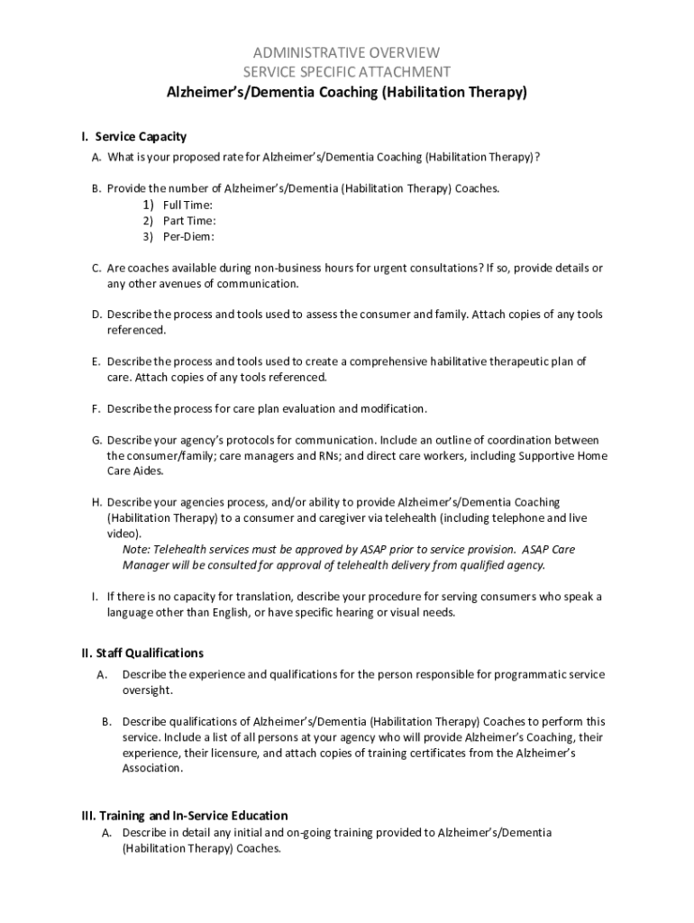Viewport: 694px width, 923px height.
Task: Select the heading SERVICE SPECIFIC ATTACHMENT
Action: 346,71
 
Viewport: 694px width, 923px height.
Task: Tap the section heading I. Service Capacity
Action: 133,137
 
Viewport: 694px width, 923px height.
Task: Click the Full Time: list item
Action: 187,206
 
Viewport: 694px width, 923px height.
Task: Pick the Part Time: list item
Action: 188,221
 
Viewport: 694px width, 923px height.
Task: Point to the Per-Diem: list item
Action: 188,237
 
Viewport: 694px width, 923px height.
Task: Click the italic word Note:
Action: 136,550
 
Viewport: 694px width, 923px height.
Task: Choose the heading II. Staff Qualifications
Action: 142,653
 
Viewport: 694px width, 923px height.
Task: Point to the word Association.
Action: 152,769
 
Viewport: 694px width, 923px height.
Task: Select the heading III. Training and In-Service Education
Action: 185,816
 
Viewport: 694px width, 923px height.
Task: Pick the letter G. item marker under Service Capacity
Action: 96,441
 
